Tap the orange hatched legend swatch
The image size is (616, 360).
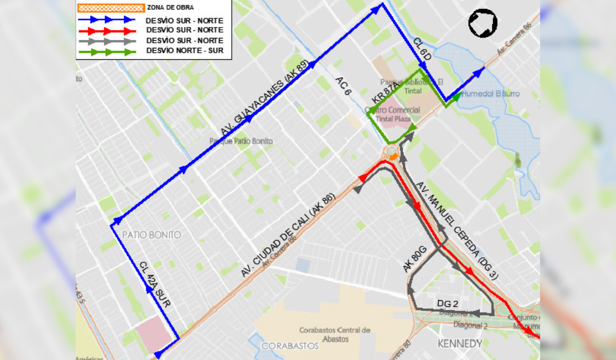coord(111,8)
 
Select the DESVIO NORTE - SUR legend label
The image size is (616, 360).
coord(185,50)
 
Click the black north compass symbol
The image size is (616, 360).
coord(483,23)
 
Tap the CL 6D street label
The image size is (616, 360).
coord(422,49)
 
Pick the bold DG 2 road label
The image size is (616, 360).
coord(447,303)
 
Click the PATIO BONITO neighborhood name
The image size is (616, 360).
coord(152,235)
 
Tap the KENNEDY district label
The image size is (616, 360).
coord(460,343)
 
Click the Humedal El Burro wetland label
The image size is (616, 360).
coord(490,94)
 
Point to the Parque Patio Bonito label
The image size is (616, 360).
coord(241,141)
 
